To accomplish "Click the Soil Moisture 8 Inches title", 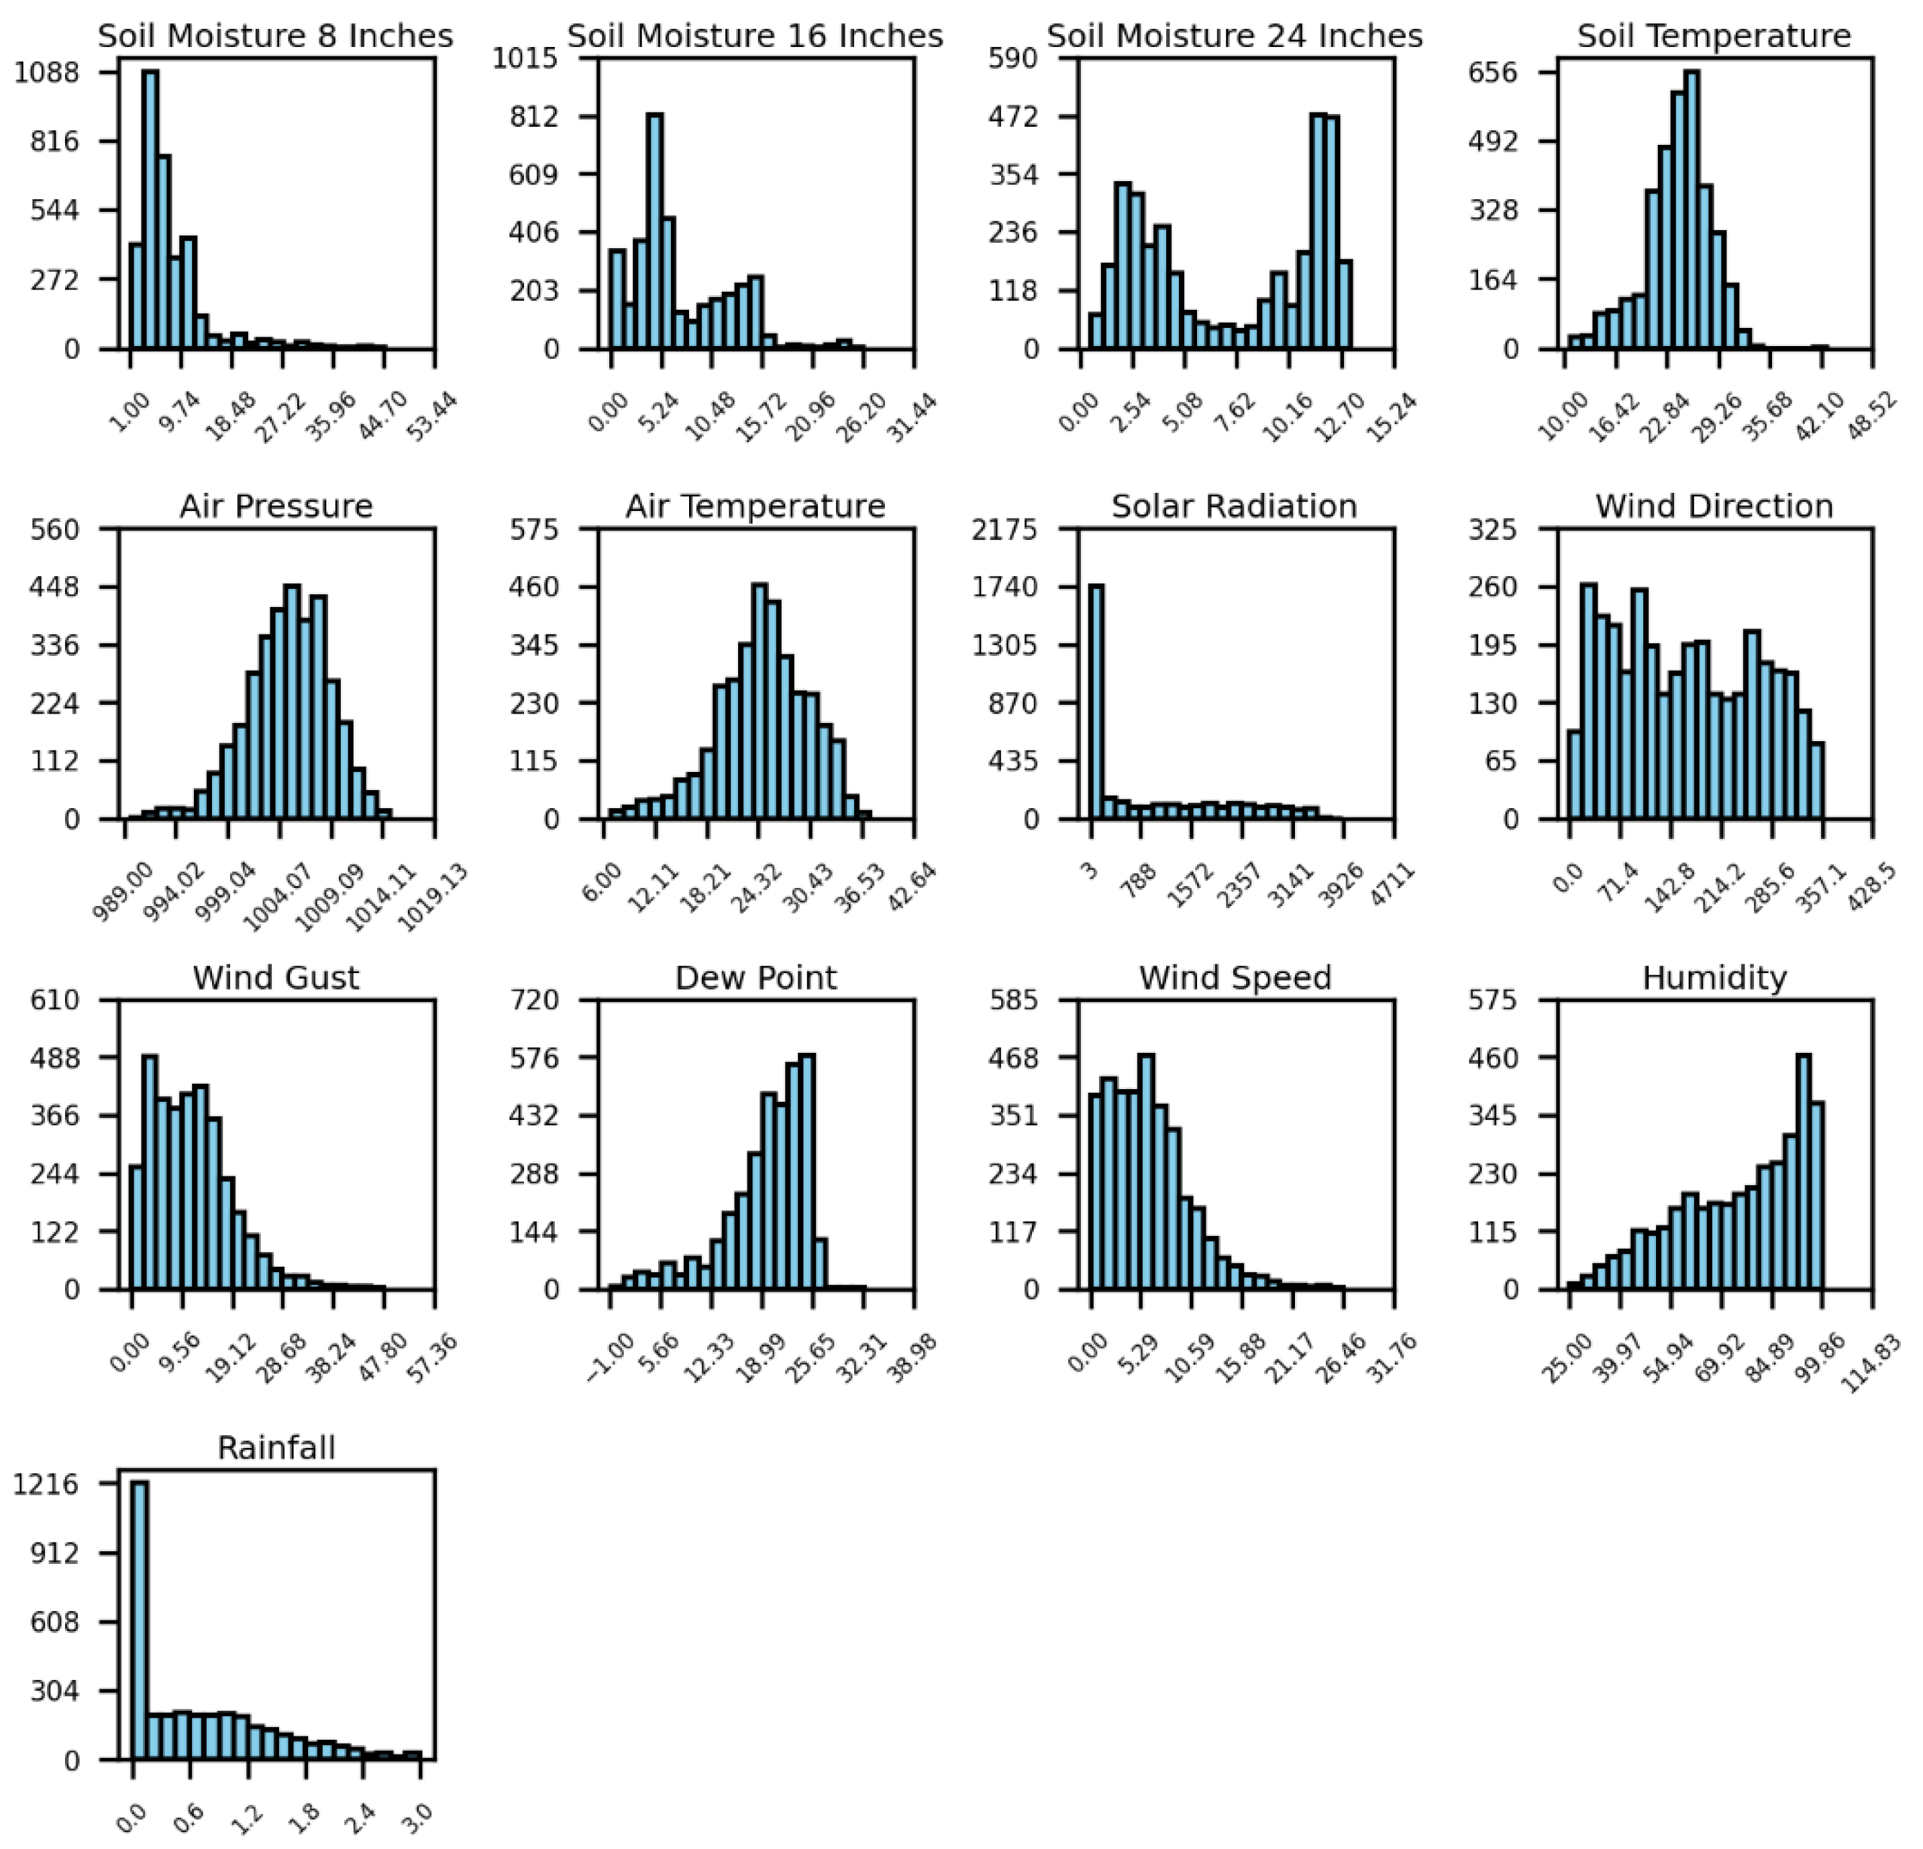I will point(276,36).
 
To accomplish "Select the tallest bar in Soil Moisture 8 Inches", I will point(150,211).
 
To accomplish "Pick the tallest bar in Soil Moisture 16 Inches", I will point(654,233).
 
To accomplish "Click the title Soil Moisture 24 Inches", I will point(1235,36).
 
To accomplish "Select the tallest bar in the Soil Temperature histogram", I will point(1692,211).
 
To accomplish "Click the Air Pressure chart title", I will point(276,506).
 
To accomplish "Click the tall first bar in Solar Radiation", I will point(1096,702).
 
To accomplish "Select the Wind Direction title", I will point(1714,506).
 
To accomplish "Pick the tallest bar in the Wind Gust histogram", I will point(150,1173).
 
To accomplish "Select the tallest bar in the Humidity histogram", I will point(1804,1173).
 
